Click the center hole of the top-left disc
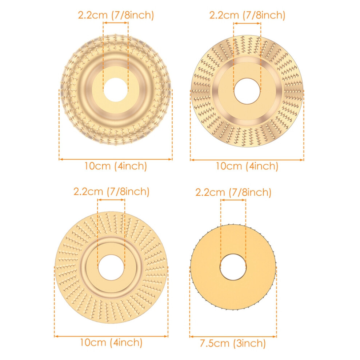click(116, 89)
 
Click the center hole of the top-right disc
click(247, 91)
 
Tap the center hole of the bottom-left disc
click(111, 267)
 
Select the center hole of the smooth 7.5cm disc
click(233, 267)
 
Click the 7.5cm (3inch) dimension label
click(233, 344)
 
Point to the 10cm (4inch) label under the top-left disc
click(116, 166)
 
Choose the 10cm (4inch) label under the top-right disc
click(247, 166)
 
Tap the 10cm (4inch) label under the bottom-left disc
click(111, 342)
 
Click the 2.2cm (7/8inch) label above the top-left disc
click(116, 15)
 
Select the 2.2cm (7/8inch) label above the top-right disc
click(247, 15)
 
